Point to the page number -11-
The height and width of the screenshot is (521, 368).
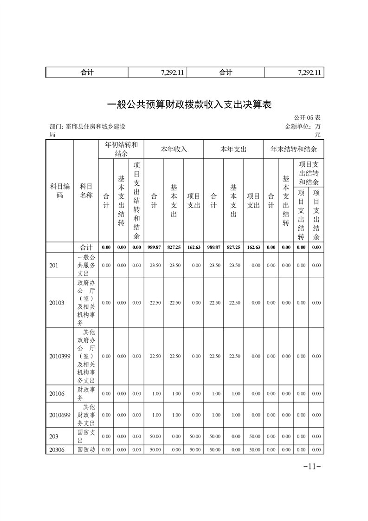tap(312, 466)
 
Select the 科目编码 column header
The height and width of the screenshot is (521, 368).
tap(59, 191)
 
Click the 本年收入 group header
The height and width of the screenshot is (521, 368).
tap(174, 149)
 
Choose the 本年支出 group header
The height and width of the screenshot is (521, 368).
tap(233, 149)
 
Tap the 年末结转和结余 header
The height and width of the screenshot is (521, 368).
tap(293, 149)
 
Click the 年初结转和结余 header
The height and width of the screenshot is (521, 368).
tap(121, 149)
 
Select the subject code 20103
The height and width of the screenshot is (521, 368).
tap(57, 303)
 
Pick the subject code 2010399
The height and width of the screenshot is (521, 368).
tap(60, 356)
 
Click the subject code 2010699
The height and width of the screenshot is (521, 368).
tap(60, 415)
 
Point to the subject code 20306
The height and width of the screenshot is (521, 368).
tap(57, 449)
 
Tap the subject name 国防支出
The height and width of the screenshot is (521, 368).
tap(86, 436)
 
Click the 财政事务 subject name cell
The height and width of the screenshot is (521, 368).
tap(86, 394)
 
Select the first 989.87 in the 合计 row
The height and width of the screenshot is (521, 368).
tap(154, 247)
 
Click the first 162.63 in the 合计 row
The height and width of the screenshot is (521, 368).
tap(194, 247)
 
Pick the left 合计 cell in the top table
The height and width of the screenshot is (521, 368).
tap(87, 72)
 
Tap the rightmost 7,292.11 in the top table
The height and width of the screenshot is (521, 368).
tap(308, 72)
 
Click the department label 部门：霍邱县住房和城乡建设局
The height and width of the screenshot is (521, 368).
tap(87, 130)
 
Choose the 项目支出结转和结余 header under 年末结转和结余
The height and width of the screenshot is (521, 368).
tap(309, 173)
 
